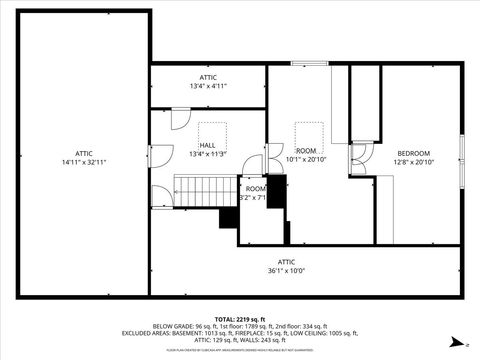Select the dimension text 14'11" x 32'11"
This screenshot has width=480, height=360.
click(83, 162)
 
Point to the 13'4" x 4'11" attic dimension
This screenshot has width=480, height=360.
click(208, 86)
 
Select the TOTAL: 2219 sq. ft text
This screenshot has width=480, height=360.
click(240, 318)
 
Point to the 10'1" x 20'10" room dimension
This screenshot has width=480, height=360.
click(306, 159)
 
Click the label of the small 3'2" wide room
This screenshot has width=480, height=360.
click(256, 188)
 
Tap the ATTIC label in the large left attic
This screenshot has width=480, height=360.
click(83, 152)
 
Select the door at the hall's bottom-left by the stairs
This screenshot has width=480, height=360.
click(161, 196)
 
